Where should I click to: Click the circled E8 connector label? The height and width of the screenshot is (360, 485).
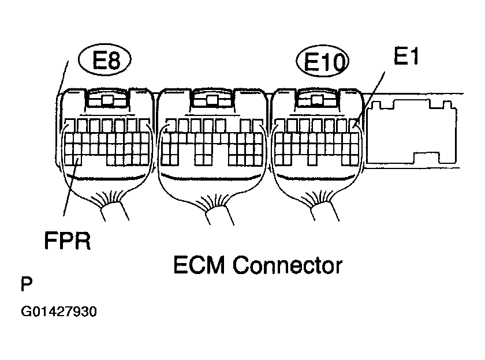[x=105, y=59]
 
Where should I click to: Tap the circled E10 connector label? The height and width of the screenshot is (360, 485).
[x=323, y=61]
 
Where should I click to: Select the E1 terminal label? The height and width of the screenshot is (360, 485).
[x=406, y=56]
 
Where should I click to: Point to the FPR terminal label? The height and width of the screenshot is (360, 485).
[x=68, y=241]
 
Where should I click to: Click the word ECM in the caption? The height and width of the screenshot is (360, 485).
[x=199, y=265]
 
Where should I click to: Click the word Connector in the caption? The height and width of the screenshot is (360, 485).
[x=288, y=265]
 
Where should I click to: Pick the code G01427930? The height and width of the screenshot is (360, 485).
[x=59, y=312]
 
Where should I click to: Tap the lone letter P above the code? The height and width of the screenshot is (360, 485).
[x=27, y=284]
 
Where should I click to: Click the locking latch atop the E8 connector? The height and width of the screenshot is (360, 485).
[x=107, y=98]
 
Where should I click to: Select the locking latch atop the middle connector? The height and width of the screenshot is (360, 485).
[x=212, y=98]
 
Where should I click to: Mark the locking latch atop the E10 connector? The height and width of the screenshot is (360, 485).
[x=317, y=98]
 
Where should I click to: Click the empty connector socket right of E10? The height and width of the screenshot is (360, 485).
[x=412, y=132]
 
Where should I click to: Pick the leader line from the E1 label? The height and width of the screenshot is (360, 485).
[x=371, y=98]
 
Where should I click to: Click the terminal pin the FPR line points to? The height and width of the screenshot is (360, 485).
[x=77, y=160]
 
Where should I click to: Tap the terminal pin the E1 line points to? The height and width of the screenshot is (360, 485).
[x=355, y=126]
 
